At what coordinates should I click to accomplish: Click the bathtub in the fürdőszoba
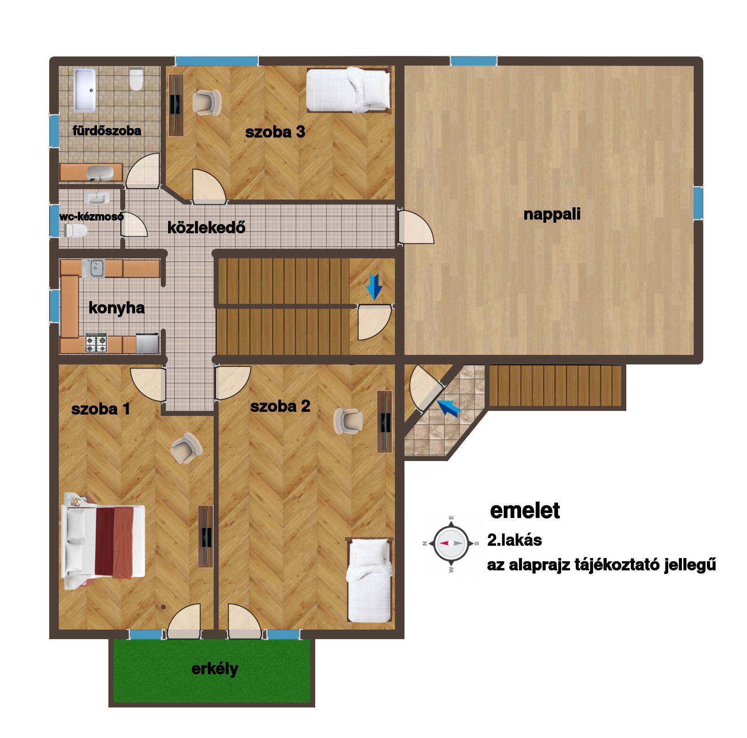(x=85, y=90)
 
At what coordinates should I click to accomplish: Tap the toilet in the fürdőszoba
(x=136, y=79)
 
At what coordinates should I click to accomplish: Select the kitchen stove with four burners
(x=96, y=343)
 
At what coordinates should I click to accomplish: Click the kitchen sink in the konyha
(x=93, y=268)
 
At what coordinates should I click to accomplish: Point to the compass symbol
(x=451, y=543)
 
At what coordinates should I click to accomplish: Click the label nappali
(x=552, y=214)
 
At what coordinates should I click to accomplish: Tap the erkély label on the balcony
(x=215, y=669)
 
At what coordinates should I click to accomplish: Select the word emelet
(x=525, y=510)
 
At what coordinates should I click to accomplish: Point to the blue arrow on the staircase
(x=374, y=287)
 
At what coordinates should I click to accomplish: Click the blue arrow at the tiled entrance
(x=449, y=408)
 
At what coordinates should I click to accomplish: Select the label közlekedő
(x=206, y=227)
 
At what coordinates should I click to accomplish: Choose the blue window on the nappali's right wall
(x=698, y=203)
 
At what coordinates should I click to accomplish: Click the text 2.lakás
(x=515, y=540)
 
